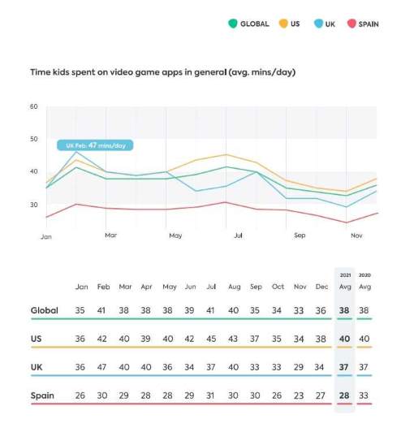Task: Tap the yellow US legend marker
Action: pyautogui.click(x=283, y=24)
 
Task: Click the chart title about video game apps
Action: pyautogui.click(x=162, y=72)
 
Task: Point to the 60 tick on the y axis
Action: pyautogui.click(x=34, y=106)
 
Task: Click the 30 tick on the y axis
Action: pyautogui.click(x=34, y=204)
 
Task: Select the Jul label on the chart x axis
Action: pyautogui.click(x=239, y=236)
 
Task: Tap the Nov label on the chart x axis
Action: pyautogui.click(x=356, y=236)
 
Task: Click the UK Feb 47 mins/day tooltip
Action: pyautogui.click(x=94, y=145)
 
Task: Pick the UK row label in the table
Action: pyautogui.click(x=38, y=368)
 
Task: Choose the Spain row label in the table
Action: pyautogui.click(x=43, y=396)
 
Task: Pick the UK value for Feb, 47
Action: pyautogui.click(x=104, y=368)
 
